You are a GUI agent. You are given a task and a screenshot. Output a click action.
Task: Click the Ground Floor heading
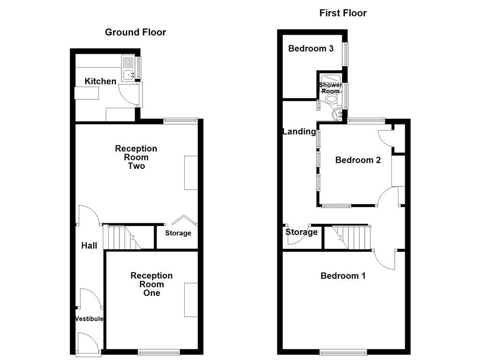135,32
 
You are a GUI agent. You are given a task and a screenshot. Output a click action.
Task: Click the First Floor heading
343,13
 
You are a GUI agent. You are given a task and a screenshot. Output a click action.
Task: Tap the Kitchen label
100,82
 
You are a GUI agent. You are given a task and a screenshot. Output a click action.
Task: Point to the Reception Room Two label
136,157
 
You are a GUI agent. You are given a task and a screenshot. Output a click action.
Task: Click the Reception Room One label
151,284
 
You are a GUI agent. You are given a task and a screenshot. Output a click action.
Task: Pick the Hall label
89,246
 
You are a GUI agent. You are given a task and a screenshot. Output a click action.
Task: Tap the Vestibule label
89,319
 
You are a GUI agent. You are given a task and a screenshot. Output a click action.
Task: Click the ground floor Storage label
178,233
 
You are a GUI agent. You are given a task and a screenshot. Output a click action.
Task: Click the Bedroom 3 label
311,48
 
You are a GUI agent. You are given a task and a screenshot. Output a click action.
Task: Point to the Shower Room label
330,88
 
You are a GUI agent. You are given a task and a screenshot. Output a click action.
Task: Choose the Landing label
299,132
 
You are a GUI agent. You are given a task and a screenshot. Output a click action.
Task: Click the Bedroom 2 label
358,160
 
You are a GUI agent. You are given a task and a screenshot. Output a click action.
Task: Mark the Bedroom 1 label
343,276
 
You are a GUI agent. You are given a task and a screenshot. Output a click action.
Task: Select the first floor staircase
352,237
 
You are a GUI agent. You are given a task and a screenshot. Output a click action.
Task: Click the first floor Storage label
301,232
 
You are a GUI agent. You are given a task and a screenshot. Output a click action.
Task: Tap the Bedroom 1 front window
343,352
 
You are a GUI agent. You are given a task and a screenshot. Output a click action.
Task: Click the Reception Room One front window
159,352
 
